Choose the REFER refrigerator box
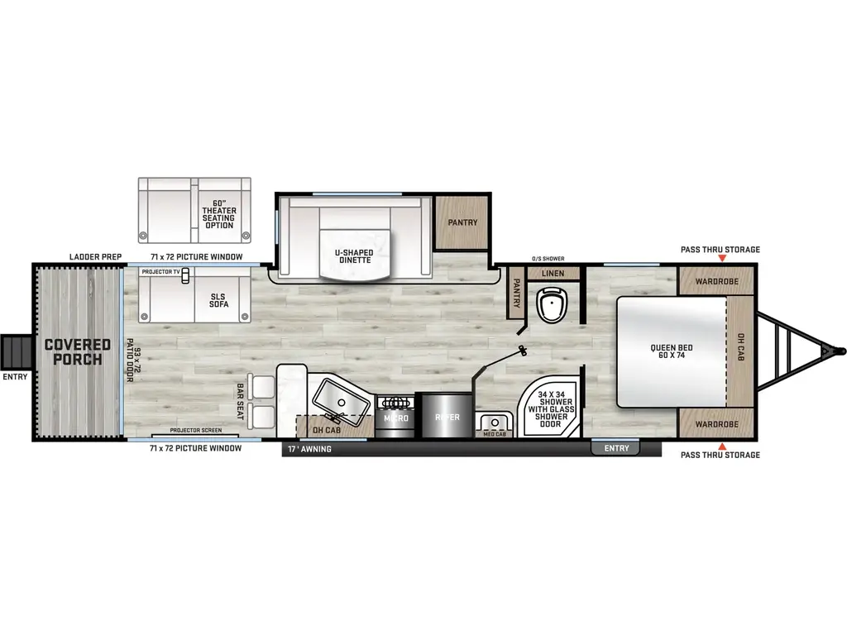coord(447,418)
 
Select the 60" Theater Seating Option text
coord(218,212)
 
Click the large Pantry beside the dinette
coord(462,222)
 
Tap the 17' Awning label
coord(311,449)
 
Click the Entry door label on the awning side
coord(616,448)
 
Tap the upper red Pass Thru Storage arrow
coord(720,259)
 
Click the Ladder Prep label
coord(96,257)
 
